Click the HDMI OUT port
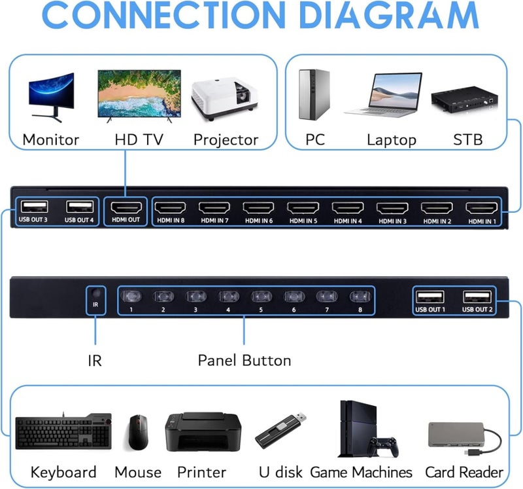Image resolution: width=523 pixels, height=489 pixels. click(125, 208)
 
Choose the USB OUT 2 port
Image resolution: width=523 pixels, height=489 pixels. click(477, 297)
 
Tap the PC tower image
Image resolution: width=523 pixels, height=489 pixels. click(312, 95)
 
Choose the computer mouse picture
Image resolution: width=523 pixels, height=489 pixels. click(138, 431)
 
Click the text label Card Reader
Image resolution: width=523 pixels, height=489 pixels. click(464, 472)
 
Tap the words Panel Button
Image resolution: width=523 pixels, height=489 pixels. click(244, 360)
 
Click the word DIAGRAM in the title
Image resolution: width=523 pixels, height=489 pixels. click(377, 18)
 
